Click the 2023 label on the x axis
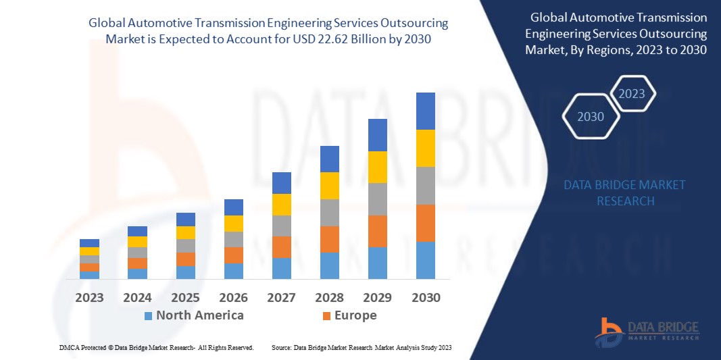[x=90, y=297]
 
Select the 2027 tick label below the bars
[x=282, y=297]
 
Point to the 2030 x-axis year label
[x=426, y=297]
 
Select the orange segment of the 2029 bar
[x=378, y=231]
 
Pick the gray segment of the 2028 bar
[x=330, y=212]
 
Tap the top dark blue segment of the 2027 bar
[x=282, y=182]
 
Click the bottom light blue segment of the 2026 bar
[x=234, y=271]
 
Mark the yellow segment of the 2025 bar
[x=186, y=232]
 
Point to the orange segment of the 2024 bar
[x=138, y=263]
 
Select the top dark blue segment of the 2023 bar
[x=90, y=243]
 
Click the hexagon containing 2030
[x=590, y=117]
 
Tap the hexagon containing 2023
[x=632, y=94]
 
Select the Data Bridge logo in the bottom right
[x=647, y=330]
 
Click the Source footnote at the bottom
[x=362, y=347]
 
